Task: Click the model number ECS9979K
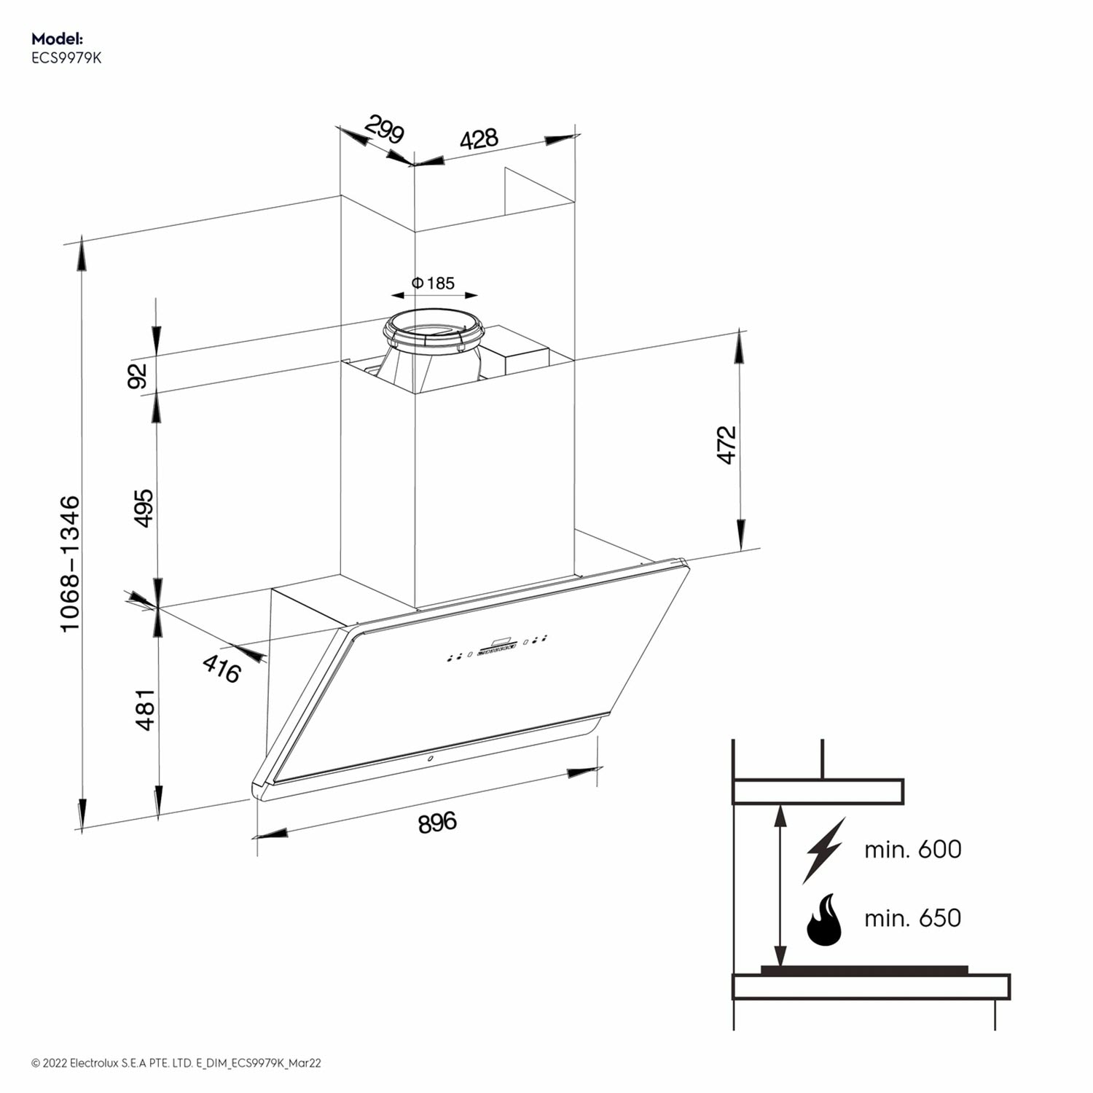click(x=66, y=58)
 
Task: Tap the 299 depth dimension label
click(x=384, y=130)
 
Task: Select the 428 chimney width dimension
click(x=479, y=138)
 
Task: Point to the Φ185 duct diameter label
click(x=434, y=283)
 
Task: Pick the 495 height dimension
click(x=144, y=508)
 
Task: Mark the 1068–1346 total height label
click(x=70, y=563)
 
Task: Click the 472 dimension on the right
click(x=726, y=444)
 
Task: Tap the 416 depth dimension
click(x=222, y=668)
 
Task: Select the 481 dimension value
click(x=145, y=709)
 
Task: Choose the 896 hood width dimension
click(x=437, y=822)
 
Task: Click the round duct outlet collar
click(x=434, y=332)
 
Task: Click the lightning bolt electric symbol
click(x=824, y=850)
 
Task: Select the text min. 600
click(x=912, y=850)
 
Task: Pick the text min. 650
click(x=912, y=918)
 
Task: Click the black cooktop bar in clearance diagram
click(x=864, y=970)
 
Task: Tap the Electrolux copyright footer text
click(x=176, y=1063)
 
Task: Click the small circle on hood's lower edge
click(x=430, y=759)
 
